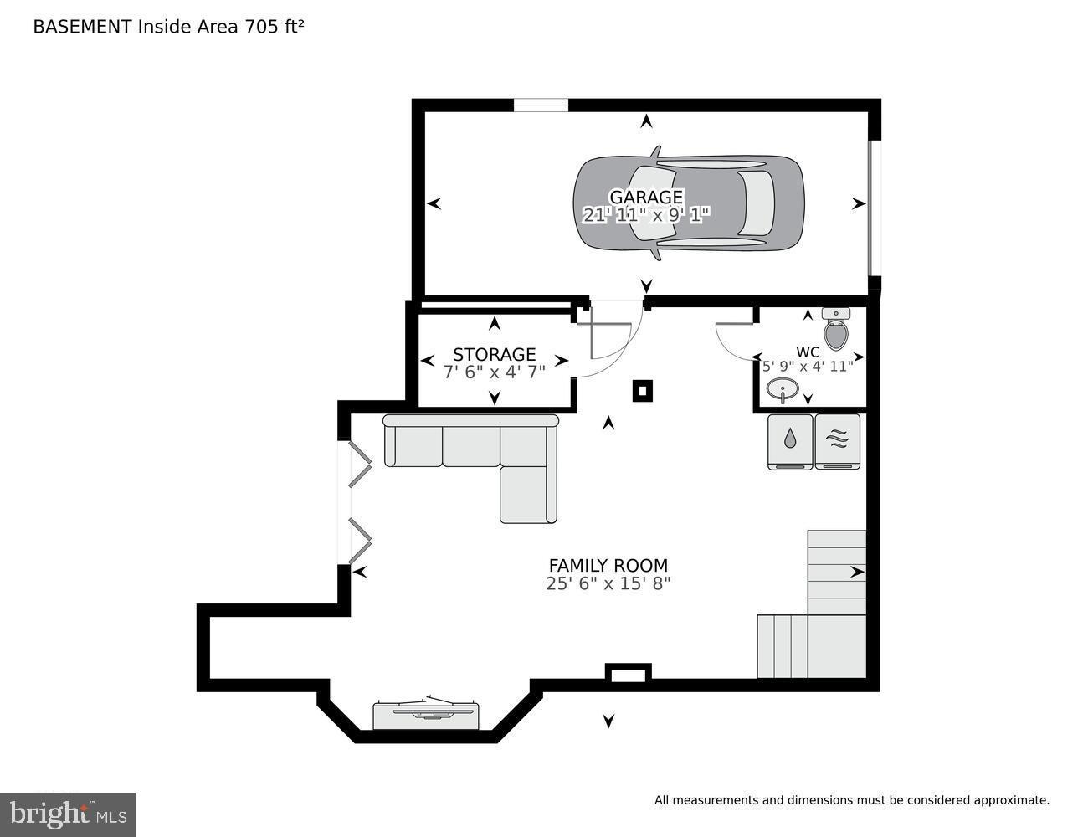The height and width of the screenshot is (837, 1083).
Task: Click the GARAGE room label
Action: point(645,197)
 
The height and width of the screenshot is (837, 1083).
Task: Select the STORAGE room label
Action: point(494,354)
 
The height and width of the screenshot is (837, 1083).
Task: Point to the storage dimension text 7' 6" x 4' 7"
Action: point(494,372)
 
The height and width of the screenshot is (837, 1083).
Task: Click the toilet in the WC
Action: point(835,329)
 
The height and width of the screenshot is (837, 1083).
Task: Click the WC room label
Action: point(808,352)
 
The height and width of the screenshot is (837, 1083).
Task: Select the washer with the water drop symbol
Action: point(790,441)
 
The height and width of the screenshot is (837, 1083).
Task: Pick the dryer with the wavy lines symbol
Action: point(838,441)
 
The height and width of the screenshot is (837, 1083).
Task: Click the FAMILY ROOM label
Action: point(608,565)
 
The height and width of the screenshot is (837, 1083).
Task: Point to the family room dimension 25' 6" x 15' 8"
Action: point(608,583)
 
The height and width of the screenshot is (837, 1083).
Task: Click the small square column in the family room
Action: point(641,390)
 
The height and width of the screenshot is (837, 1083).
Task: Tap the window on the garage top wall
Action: point(541,105)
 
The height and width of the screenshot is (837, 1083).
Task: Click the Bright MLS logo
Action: point(67,814)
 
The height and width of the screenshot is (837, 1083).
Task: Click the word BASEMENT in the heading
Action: point(82,27)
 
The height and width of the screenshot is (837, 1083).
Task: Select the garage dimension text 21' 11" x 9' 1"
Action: point(645,215)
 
